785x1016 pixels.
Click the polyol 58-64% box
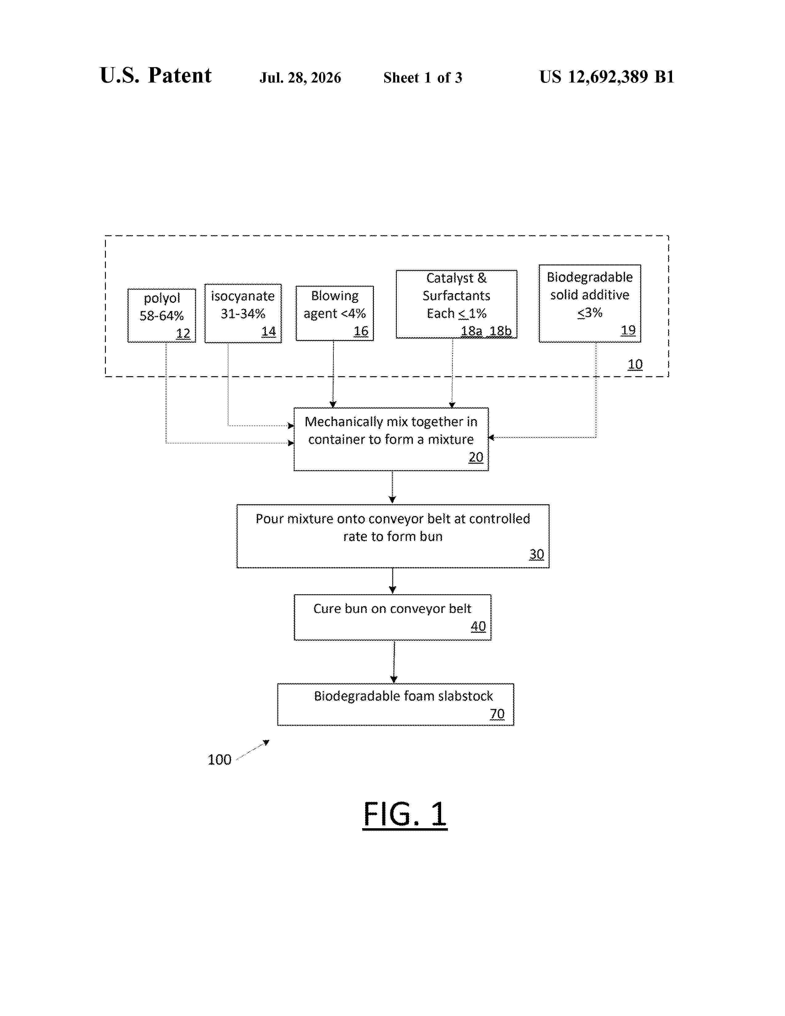coord(161,315)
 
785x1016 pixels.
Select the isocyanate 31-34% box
coord(243,313)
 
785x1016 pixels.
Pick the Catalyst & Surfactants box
coord(456,304)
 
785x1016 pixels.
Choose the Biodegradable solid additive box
coord(590,303)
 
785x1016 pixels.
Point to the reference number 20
coord(476,457)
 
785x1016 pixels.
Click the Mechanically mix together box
coord(391,439)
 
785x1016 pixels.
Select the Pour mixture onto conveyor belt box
coord(393,536)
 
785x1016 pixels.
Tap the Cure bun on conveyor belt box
coord(392,617)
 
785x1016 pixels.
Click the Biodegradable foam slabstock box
coord(396,704)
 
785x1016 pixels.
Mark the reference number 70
coord(497,714)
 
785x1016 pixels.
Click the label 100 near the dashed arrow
coord(219,760)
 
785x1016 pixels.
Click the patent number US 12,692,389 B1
coord(607,77)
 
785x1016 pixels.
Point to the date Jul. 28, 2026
coord(300,78)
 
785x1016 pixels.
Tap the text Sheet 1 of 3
coord(423,78)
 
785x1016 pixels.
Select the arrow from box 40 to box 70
coord(394,662)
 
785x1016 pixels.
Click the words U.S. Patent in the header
coord(156,75)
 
